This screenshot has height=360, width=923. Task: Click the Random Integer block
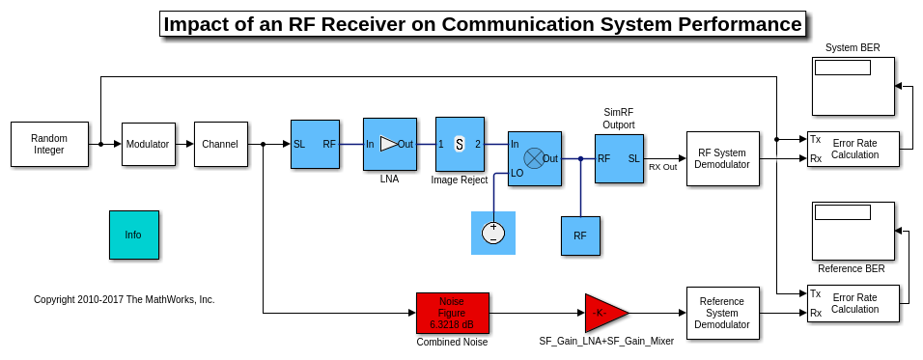(x=49, y=144)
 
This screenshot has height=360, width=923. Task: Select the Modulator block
(x=149, y=144)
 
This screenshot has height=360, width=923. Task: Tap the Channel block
(x=220, y=144)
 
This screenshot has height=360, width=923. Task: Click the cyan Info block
(x=134, y=235)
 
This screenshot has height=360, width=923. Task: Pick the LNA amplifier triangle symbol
(x=389, y=144)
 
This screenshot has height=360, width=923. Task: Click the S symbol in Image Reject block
(x=460, y=144)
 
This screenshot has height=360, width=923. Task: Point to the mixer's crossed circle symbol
(x=534, y=158)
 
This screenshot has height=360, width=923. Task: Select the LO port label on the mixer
(x=517, y=173)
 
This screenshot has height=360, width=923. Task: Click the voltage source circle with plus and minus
(x=493, y=234)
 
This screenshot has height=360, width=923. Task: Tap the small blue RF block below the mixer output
(x=580, y=235)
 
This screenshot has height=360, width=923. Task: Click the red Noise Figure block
(x=453, y=313)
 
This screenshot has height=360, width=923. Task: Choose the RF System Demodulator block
(x=723, y=159)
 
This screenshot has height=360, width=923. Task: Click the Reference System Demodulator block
(x=723, y=313)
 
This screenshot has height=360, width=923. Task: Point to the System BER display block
(x=853, y=86)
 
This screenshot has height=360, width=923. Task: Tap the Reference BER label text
(x=852, y=269)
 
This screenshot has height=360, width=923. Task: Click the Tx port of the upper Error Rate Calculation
(x=815, y=139)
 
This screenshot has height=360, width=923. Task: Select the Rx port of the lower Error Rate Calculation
(x=816, y=313)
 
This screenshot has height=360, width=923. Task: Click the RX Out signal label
(x=663, y=166)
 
